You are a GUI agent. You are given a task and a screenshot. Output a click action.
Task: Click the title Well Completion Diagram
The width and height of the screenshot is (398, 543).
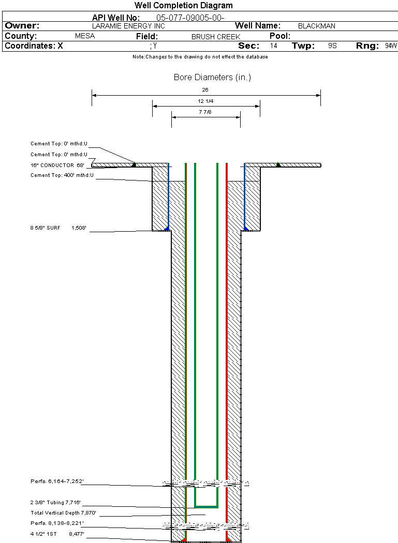coord(183,6)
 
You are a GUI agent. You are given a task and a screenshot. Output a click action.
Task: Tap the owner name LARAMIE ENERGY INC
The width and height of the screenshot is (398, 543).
coord(128,26)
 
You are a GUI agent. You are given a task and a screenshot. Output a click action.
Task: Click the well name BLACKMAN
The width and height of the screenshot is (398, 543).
coord(317,26)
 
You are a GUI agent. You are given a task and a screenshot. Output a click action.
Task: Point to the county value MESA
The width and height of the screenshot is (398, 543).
coord(85,37)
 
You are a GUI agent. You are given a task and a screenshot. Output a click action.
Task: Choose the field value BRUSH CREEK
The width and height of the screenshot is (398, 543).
coord(216,37)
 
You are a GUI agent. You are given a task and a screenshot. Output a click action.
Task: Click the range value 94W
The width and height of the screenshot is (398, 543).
coord(391,46)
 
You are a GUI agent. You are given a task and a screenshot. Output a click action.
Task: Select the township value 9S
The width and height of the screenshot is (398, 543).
coord(332,46)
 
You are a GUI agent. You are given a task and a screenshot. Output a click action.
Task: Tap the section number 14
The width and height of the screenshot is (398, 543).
coord(274,46)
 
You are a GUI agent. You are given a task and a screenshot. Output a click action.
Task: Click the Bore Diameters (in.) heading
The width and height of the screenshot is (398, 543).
coord(212,78)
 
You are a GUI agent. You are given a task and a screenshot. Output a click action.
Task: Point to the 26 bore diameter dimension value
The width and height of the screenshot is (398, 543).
coord(205,89)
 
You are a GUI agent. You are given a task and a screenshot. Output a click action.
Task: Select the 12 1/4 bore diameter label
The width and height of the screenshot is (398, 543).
coord(205,101)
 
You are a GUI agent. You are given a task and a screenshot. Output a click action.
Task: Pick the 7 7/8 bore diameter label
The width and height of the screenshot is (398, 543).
coord(205,112)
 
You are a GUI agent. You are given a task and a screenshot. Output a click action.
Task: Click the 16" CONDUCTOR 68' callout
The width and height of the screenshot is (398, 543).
coord(57,165)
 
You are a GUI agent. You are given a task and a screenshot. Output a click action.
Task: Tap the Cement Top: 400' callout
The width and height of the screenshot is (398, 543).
coord(62,175)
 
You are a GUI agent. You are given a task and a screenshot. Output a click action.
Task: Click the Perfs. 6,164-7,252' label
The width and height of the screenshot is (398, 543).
coord(57,481)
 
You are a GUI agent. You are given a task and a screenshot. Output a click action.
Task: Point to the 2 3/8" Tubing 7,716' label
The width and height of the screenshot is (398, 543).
coord(56,502)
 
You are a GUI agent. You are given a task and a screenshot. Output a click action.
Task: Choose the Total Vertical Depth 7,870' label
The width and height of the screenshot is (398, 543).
coord(63,513)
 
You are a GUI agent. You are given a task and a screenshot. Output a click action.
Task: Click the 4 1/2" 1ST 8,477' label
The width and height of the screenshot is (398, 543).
coord(57,533)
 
